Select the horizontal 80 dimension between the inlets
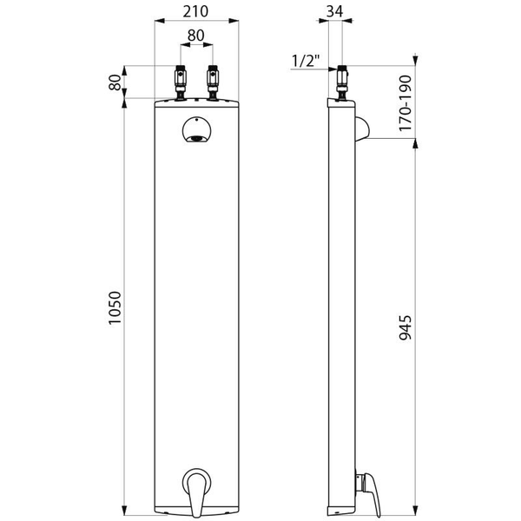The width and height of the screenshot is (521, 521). coord(197,37)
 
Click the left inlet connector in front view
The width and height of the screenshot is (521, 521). coord(181,82)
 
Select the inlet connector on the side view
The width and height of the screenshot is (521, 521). coord(342,82)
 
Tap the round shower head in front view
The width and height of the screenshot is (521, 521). coord(197,131)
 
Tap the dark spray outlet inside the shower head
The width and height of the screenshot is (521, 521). coord(197,138)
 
